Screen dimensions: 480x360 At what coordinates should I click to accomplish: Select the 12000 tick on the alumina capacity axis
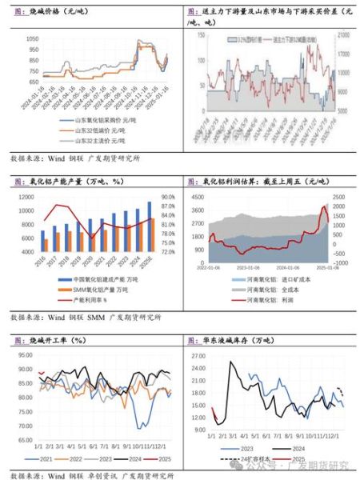point(24,197)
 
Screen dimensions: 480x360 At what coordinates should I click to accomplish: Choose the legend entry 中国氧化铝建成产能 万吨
point(104,278)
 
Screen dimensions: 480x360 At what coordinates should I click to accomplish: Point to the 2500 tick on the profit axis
point(338,197)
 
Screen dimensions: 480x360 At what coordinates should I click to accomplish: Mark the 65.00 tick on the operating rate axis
point(24,432)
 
